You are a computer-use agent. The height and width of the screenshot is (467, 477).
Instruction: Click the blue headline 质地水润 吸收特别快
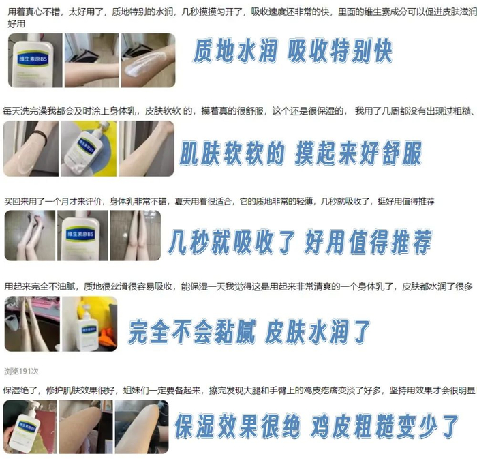292,51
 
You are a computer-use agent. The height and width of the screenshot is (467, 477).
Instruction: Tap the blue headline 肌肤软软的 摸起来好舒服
301,153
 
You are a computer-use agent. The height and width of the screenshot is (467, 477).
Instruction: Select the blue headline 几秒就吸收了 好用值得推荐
300,242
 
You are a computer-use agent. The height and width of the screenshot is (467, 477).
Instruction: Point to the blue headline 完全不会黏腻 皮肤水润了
249,331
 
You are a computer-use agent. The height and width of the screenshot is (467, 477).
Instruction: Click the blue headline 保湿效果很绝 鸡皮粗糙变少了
316,426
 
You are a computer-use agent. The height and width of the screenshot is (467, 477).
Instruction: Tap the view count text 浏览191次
21,371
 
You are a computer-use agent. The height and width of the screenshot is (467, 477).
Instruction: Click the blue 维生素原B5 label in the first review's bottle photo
33,59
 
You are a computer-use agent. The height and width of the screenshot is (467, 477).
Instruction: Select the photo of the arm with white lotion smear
148,60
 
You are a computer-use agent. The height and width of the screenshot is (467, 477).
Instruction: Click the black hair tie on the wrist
41,137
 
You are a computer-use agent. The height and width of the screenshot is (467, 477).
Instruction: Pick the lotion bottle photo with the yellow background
89,149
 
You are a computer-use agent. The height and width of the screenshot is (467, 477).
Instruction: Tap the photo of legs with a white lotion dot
136,235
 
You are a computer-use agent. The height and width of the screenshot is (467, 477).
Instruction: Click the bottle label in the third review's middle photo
80,234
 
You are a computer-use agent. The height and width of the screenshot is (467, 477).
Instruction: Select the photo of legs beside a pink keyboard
32,324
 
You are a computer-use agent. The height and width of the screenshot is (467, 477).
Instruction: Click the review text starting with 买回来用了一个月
219,201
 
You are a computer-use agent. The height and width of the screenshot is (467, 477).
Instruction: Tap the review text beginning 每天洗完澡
238,111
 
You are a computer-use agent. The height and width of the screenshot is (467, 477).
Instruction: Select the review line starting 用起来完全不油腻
238,286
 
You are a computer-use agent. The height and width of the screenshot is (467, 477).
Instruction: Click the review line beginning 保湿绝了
239,390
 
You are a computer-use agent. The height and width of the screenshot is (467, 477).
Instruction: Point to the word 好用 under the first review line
16,24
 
